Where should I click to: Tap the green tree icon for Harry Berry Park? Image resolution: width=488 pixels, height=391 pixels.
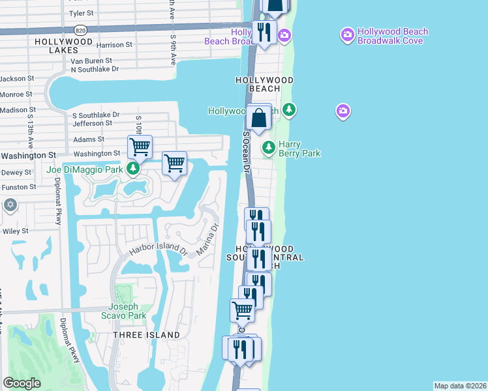pyautogui.click(x=268, y=148)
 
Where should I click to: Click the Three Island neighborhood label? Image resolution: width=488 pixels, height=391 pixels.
pyautogui.click(x=146, y=335)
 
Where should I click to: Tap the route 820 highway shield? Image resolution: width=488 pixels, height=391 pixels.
pyautogui.click(x=80, y=30)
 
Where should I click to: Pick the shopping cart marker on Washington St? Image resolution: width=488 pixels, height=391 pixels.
pyautogui.click(x=140, y=147)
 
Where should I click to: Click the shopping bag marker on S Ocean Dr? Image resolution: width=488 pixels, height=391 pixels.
pyautogui.click(x=259, y=119)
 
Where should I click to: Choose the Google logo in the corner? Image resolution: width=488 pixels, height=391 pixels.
pyautogui.click(x=22, y=383)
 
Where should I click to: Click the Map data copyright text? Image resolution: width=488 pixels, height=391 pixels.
pyautogui.click(x=460, y=386)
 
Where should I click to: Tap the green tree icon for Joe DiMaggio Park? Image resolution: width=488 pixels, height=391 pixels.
pyautogui.click(x=133, y=169)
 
